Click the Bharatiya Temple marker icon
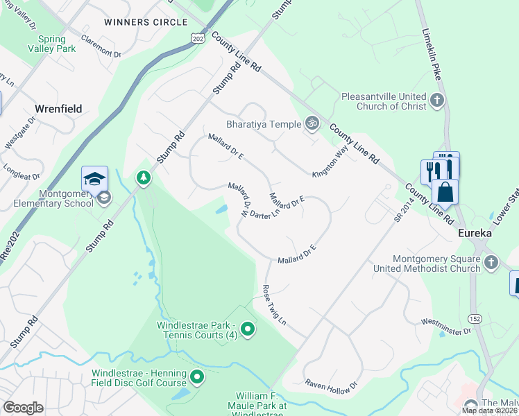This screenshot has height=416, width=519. point(313,124)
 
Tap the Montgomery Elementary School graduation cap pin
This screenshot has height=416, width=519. point(94,180)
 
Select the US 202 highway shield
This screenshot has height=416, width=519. point(198,37)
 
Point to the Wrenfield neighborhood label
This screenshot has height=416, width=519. point(58,109)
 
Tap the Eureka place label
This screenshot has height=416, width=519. point(475,234)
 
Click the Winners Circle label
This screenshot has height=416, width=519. point(136,22)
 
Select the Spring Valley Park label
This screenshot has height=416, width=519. point(51,44)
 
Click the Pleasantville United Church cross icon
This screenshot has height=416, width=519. point(436,101)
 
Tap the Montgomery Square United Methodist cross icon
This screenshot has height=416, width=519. point(491,263)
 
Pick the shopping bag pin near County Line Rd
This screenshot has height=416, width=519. point(445,191)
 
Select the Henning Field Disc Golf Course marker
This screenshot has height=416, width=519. point(197,378)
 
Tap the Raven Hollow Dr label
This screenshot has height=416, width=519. point(331,383)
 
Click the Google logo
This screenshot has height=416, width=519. point(23,407)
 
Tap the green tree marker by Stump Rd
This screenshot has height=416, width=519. point(144,179)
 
